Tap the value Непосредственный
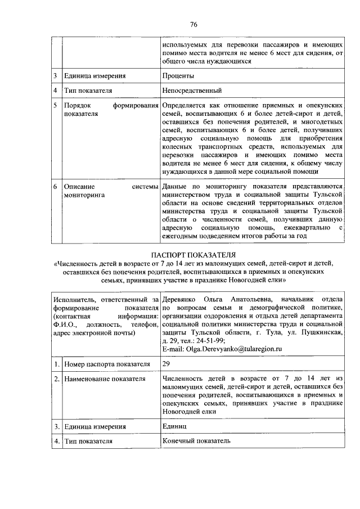[x=192, y=91]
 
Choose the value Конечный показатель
[x=196, y=441]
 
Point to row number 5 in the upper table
[x=55, y=105]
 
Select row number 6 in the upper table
[x=55, y=186]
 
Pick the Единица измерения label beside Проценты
[x=94, y=76]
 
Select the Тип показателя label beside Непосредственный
[x=88, y=91]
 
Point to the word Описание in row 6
[x=79, y=186]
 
